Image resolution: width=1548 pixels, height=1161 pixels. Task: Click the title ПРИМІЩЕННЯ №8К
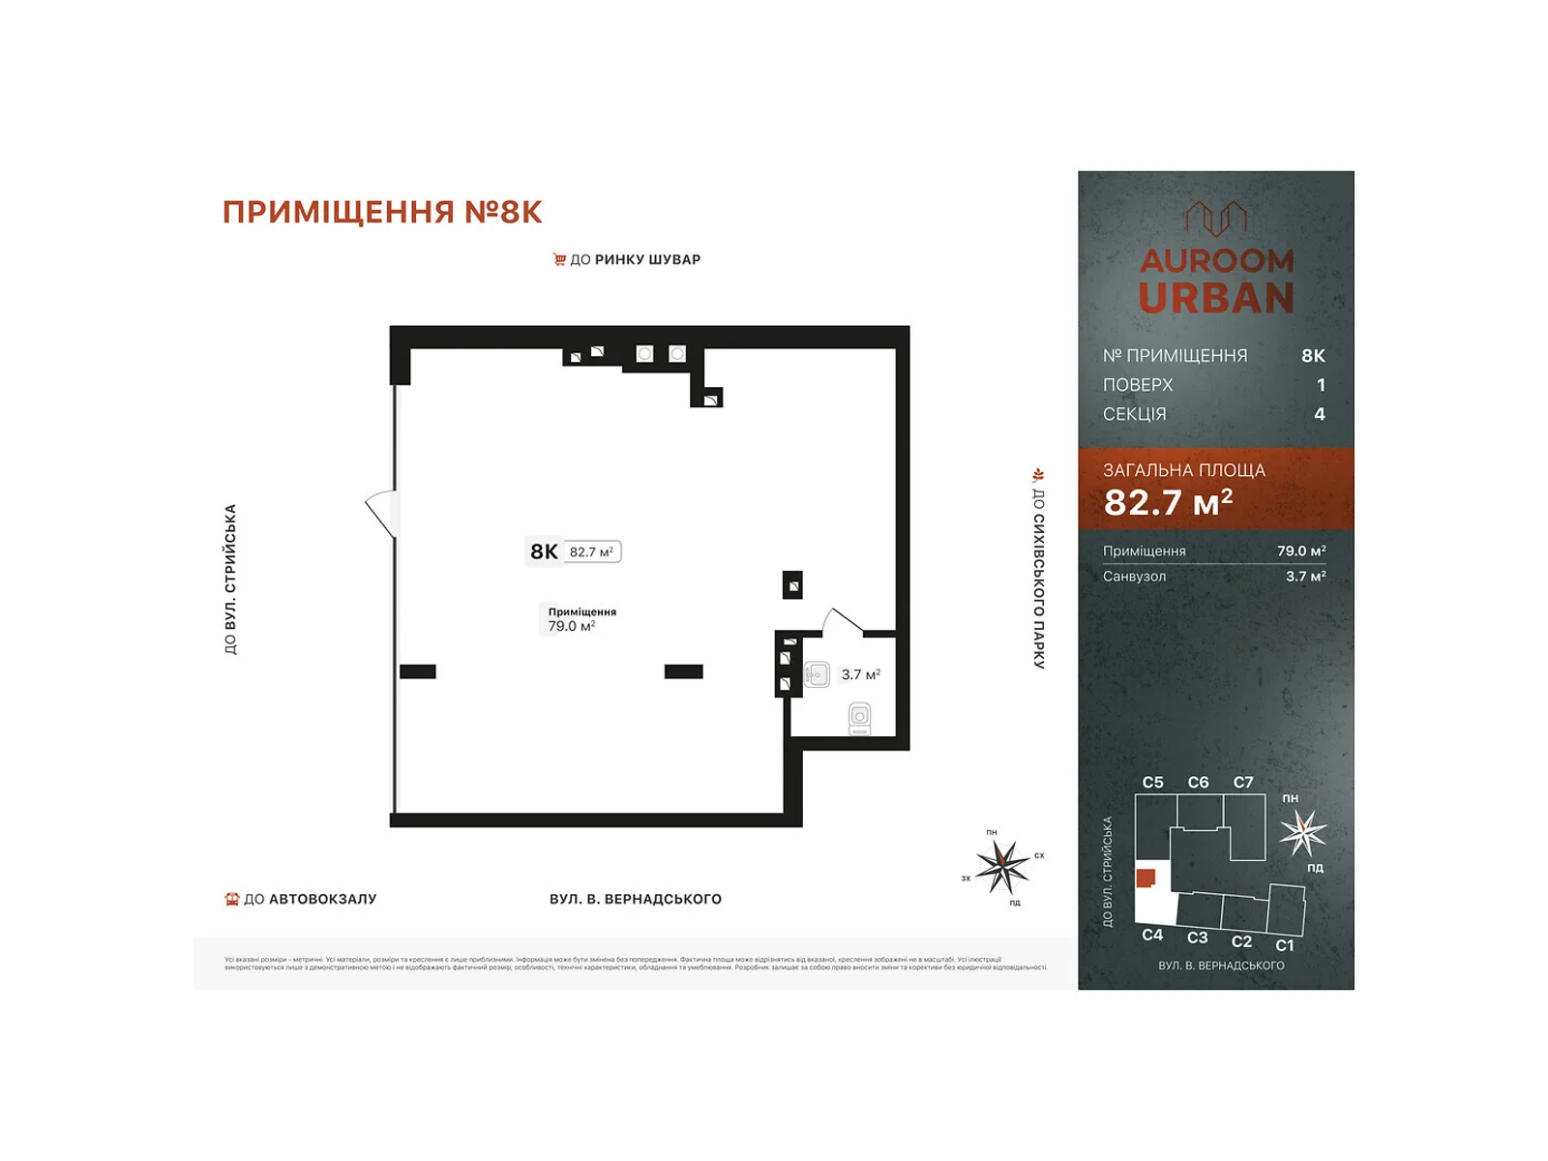[x=382, y=212]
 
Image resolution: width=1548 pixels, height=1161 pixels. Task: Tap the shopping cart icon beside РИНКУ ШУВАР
[x=559, y=259]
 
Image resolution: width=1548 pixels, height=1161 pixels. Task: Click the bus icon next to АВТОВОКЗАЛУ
[x=231, y=899]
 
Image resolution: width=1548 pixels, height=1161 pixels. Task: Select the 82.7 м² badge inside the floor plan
[x=591, y=551]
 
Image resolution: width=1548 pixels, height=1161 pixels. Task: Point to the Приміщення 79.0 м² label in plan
[x=580, y=619]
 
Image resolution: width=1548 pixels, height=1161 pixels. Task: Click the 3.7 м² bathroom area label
[x=860, y=674]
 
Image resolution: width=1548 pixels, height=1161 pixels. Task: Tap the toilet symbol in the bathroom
[x=859, y=718]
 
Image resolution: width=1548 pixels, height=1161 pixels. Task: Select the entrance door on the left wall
[x=382, y=511]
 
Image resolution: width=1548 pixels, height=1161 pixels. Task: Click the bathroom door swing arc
[x=842, y=620]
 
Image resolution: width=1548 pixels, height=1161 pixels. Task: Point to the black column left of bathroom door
[x=792, y=585]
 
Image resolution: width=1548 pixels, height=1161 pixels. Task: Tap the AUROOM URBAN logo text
[x=1216, y=281]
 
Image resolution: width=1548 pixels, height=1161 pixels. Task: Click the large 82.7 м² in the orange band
[x=1168, y=502]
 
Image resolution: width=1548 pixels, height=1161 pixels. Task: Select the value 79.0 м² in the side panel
[x=1300, y=551]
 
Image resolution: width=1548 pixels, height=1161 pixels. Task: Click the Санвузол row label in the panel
[x=1134, y=576]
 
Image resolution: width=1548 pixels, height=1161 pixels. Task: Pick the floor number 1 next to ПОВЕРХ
[x=1321, y=385]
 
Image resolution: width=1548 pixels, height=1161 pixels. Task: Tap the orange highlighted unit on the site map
[x=1146, y=878]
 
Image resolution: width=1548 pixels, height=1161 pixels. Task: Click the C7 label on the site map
[x=1243, y=782]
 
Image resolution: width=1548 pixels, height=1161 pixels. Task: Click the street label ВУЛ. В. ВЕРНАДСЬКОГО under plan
[x=635, y=899]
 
